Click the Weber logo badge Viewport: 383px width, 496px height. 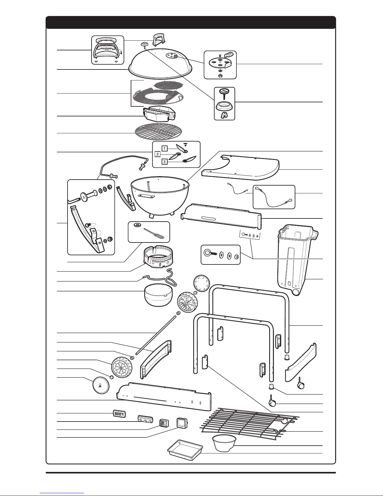point(119,413)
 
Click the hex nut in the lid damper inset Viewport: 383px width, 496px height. point(220,75)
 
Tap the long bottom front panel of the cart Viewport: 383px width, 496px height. point(163,396)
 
